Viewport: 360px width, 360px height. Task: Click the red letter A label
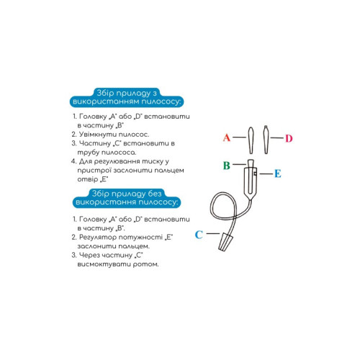tap(227, 138)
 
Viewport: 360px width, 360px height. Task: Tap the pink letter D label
tap(289, 138)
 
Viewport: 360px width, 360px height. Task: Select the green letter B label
tap(227, 166)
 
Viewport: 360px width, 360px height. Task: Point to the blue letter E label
tap(278, 174)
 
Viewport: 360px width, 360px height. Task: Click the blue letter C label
tap(199, 235)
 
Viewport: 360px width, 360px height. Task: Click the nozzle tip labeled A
tap(251, 140)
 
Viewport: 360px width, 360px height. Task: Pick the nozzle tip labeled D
tap(266, 140)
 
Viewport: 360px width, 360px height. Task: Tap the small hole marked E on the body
tap(255, 174)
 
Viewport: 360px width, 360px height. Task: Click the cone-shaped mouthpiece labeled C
tap(225, 242)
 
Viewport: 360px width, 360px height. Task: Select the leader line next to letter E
tap(266, 174)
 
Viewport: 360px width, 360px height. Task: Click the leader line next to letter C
tap(213, 233)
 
